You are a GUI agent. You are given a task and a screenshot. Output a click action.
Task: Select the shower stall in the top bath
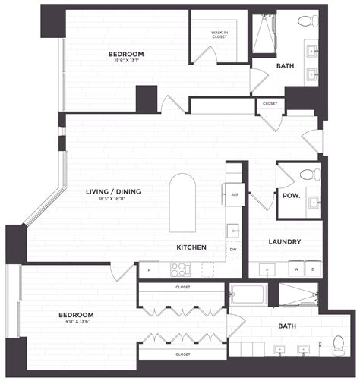[x=263, y=34]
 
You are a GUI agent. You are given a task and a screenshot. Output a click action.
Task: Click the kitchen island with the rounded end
[x=182, y=203]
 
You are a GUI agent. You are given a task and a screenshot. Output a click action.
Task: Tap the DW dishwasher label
[x=233, y=248]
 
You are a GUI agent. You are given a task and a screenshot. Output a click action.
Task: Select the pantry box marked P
[x=148, y=269]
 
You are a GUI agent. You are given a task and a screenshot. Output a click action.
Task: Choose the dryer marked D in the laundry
[x=313, y=269]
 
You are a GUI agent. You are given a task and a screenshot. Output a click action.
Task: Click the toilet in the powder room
[x=309, y=175]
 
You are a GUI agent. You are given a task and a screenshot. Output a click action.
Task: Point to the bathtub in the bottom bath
[x=248, y=294]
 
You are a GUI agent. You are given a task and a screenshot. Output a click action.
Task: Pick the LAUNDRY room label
[x=286, y=242]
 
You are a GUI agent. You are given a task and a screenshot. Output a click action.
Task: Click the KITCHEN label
[x=191, y=247]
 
